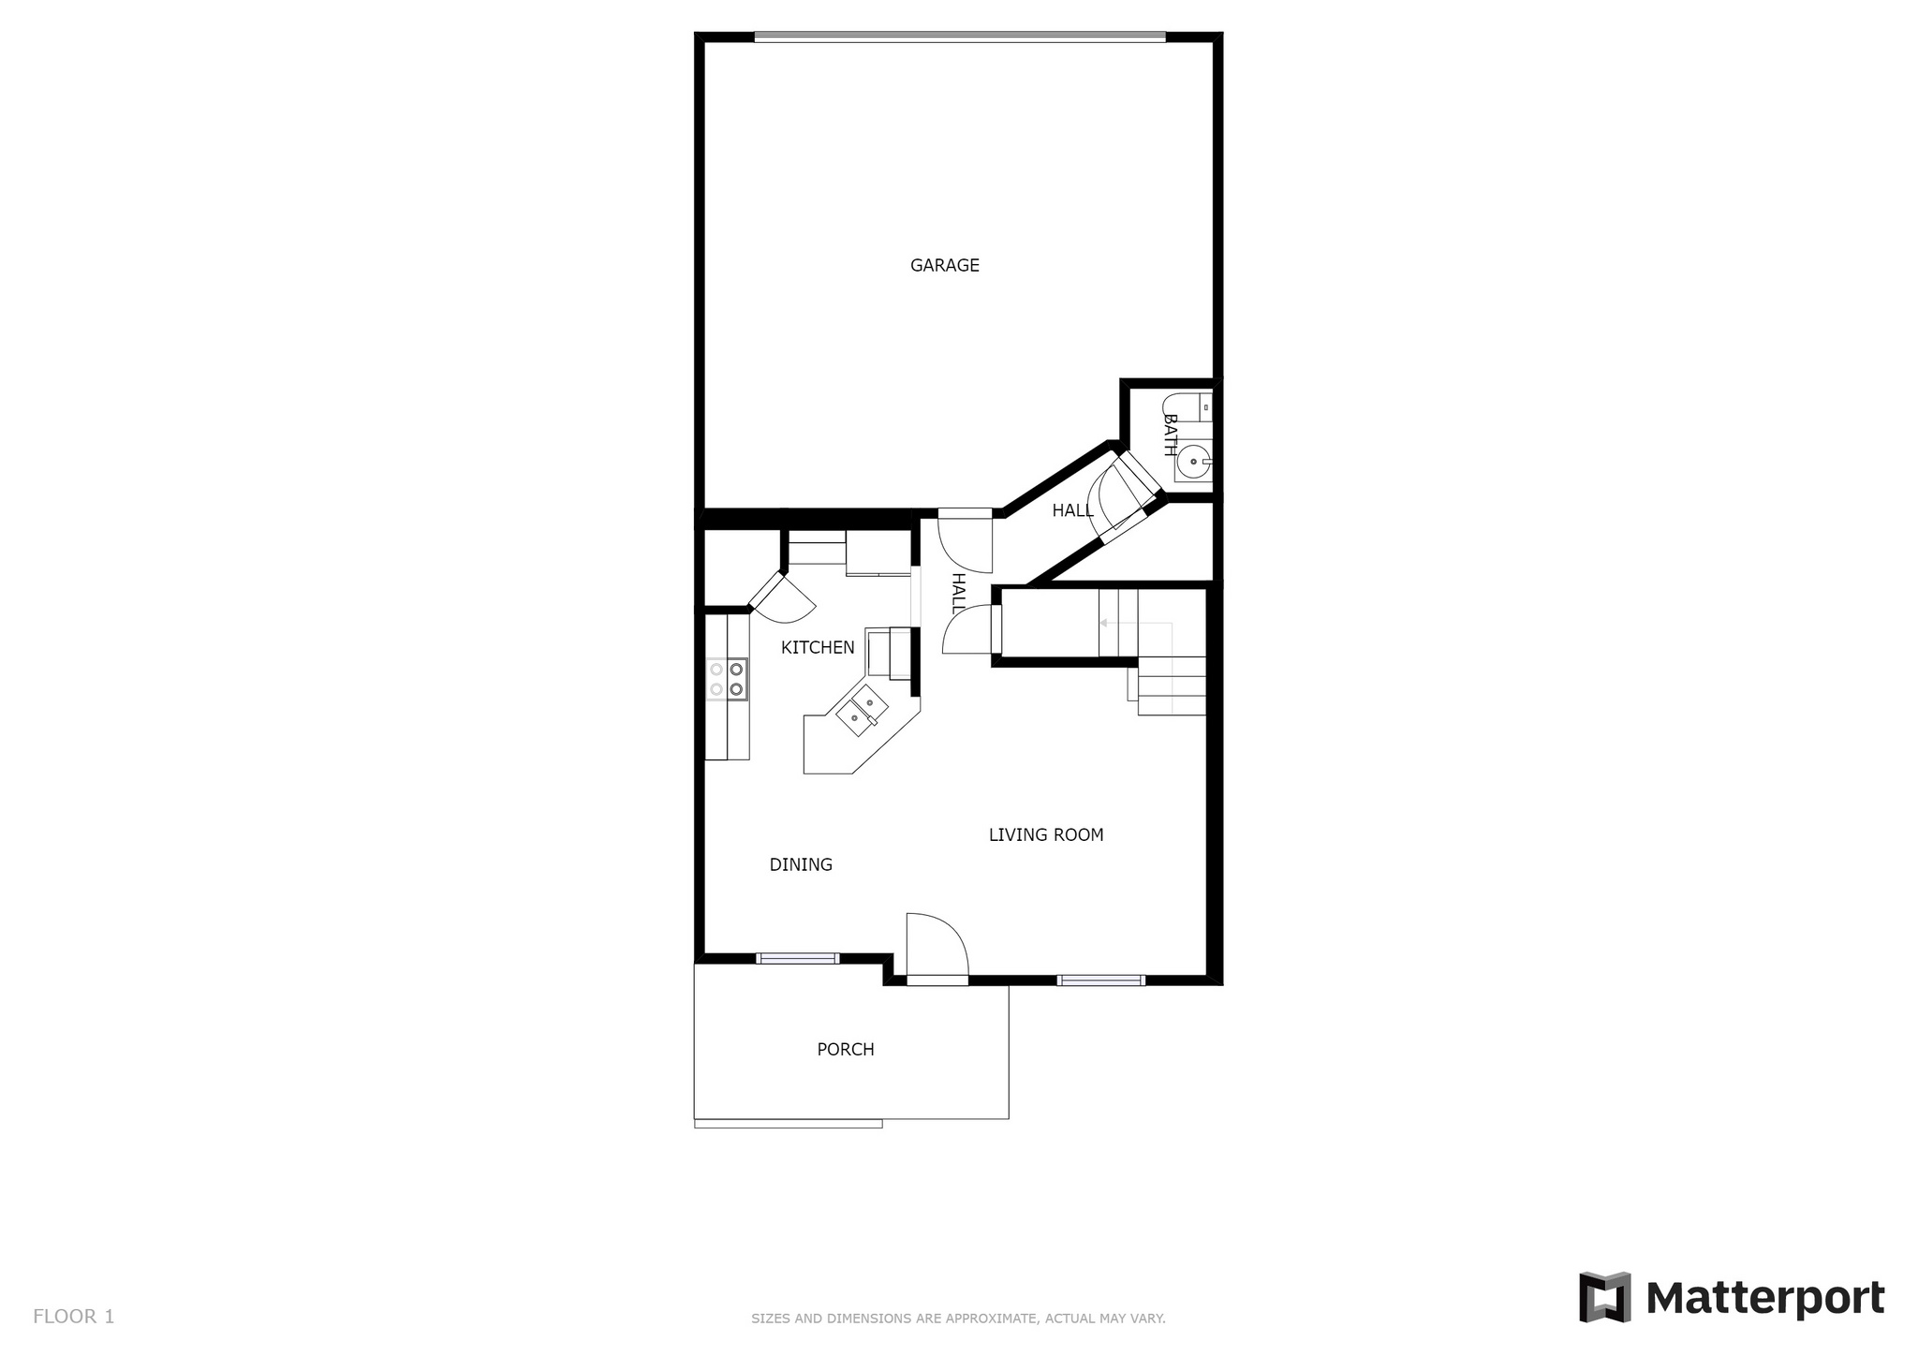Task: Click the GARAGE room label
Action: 945,266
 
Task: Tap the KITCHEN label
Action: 818,648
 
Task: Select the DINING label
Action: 801,865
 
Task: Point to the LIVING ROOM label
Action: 1046,835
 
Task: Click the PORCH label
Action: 846,1050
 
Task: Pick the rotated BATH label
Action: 1170,435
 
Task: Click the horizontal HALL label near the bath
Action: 1072,511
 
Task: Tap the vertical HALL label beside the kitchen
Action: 958,594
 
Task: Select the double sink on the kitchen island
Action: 863,711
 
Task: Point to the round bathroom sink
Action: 1193,462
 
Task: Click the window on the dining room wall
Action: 798,958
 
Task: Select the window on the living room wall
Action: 1101,980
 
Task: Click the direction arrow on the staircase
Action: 1136,623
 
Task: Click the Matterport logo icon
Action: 1605,1297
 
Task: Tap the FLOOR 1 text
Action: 74,1317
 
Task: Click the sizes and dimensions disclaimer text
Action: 958,1319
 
